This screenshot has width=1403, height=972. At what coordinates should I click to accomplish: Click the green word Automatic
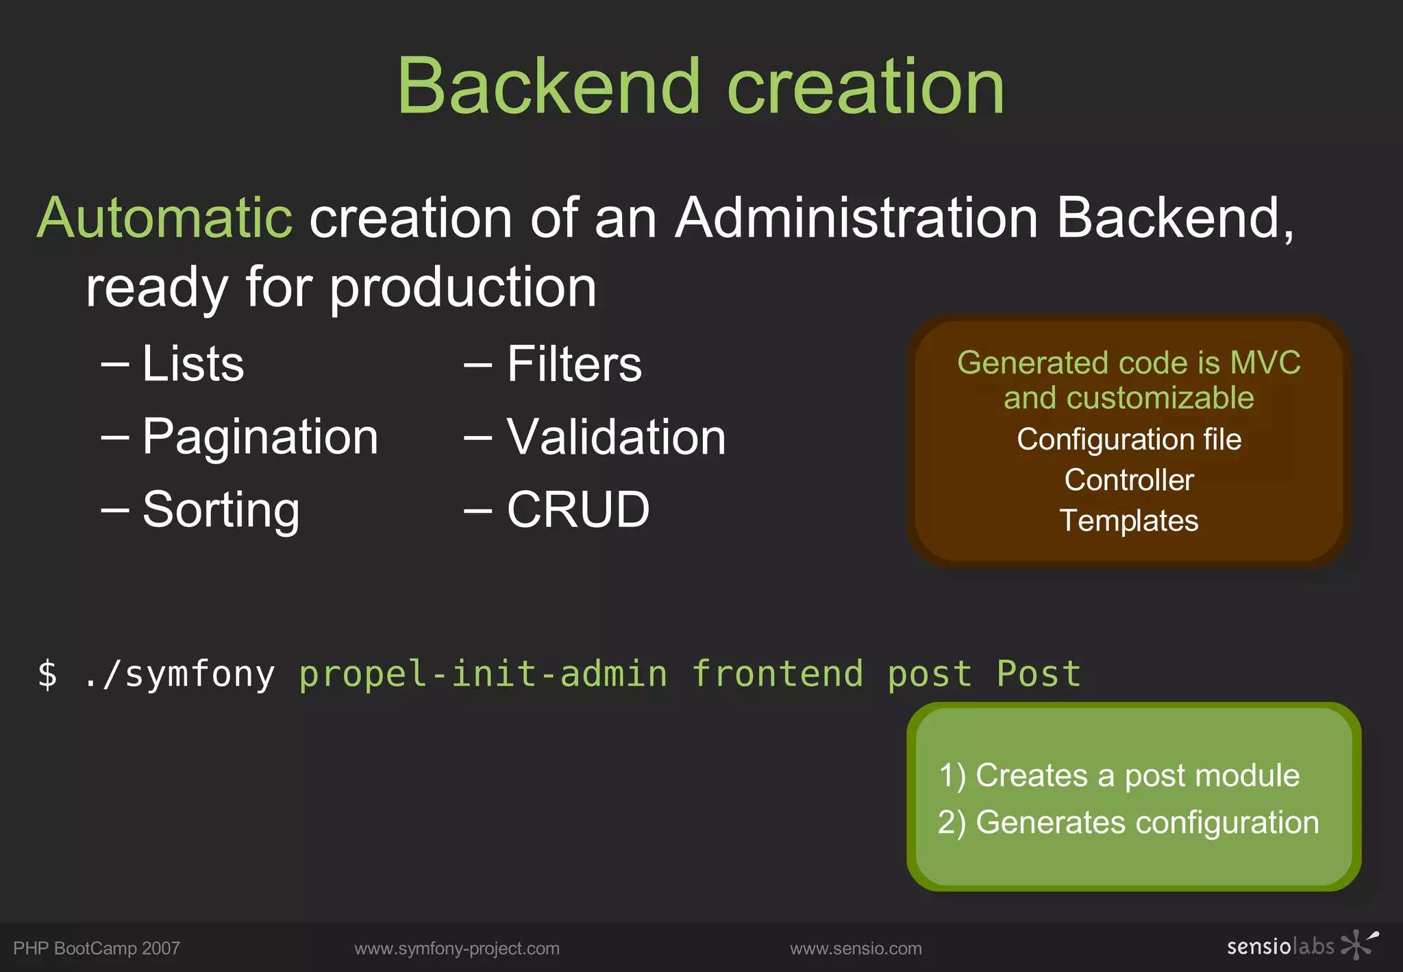(x=164, y=218)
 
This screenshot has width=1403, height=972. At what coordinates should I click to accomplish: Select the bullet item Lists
(x=193, y=363)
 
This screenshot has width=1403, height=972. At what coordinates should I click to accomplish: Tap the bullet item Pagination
(x=260, y=437)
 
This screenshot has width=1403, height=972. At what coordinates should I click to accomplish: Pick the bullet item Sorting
(x=221, y=509)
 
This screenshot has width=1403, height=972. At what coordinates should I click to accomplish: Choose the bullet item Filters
(x=574, y=363)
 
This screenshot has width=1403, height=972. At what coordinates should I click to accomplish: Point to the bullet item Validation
(x=615, y=437)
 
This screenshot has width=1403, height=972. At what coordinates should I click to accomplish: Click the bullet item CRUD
(x=578, y=509)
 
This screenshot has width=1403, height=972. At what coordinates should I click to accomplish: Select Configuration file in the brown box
(x=1128, y=439)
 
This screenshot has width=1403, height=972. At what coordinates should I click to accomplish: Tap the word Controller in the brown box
(x=1128, y=480)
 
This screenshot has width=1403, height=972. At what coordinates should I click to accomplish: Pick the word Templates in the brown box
(x=1128, y=520)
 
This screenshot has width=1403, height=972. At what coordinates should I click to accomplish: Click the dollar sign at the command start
(x=47, y=674)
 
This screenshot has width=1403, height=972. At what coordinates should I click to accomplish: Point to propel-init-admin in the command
(x=483, y=674)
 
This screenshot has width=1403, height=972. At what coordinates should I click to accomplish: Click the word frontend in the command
(x=777, y=674)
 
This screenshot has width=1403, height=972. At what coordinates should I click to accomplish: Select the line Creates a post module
(x=1119, y=775)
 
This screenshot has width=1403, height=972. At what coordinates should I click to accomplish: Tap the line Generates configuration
(x=1128, y=822)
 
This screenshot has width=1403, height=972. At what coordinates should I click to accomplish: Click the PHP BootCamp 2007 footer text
(x=97, y=949)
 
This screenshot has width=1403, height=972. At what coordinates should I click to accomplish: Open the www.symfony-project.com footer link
(x=457, y=949)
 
